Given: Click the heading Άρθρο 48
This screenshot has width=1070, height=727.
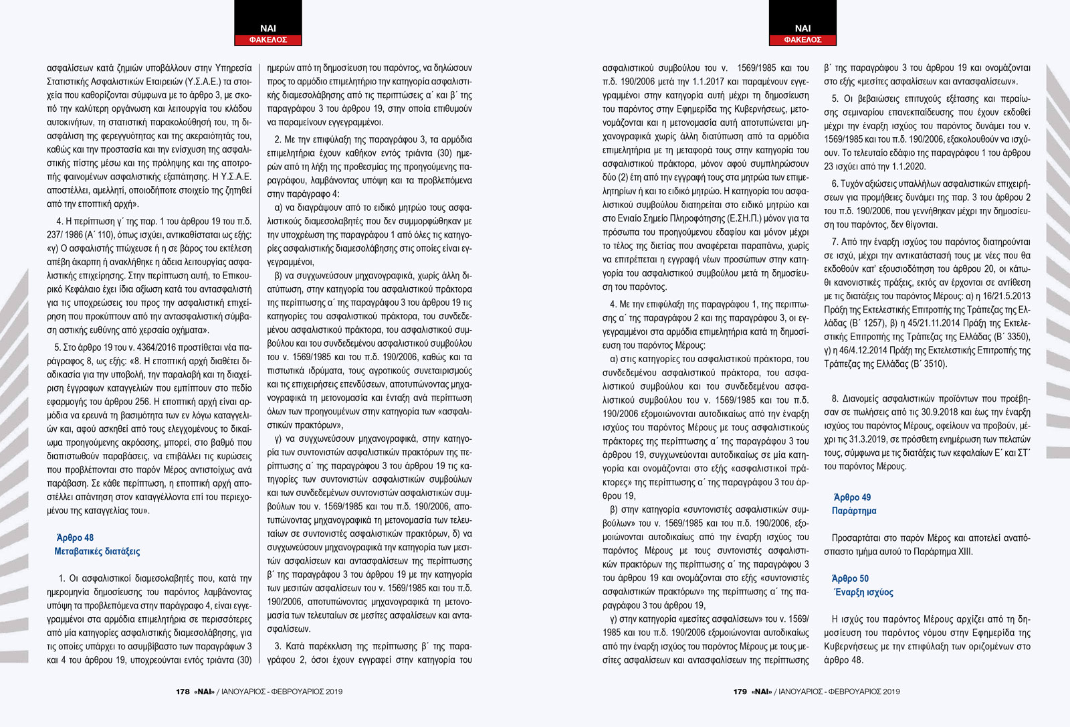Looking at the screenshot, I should point(75,538).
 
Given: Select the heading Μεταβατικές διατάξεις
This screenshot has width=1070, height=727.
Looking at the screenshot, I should point(97,552).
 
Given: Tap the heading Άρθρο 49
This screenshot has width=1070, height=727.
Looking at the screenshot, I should point(852,497).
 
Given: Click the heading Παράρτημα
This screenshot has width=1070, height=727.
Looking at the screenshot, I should point(854,511).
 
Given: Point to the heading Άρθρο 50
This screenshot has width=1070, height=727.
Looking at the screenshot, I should point(850,578).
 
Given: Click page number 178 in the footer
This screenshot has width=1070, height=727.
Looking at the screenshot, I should point(183,692).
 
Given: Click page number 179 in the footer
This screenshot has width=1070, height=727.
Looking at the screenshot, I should point(740,692).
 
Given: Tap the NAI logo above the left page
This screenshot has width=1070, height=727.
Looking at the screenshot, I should point(267,28).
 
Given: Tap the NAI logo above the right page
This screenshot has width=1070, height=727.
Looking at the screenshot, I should point(802,28).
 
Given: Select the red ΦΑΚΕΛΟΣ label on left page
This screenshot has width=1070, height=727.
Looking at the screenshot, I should point(267,40).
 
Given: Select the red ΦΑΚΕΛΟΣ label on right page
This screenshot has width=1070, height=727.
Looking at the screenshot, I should point(802,40).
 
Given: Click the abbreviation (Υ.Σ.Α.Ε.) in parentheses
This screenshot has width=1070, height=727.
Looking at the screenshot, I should point(199,81).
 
